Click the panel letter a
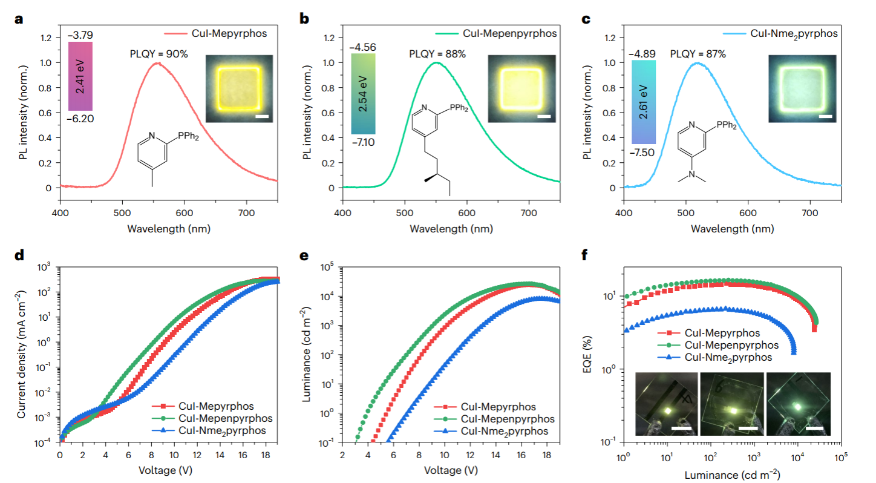coord(19,18)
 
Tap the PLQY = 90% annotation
coord(159,54)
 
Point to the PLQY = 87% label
coord(698,54)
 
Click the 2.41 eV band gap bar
coord(80,76)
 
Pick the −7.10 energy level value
coord(363,141)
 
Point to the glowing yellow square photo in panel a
coord(239,89)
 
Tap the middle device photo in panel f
coord(731,404)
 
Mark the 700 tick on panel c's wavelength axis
coord(810,213)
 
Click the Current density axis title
coord(22,354)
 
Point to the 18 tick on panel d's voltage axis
coord(264,454)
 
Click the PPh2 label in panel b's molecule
coord(458,108)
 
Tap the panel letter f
coord(584,255)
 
